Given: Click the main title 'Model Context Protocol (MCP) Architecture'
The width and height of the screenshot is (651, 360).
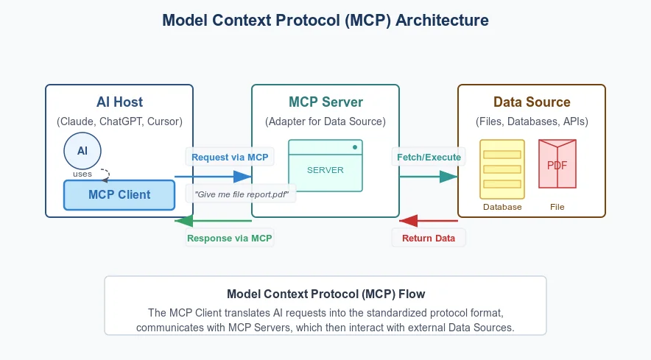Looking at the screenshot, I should [325, 21].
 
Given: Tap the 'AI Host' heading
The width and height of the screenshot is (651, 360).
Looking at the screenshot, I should [119, 102].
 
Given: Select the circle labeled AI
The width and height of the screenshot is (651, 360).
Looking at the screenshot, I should [82, 150].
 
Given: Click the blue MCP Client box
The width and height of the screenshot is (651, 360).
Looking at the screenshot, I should [119, 195].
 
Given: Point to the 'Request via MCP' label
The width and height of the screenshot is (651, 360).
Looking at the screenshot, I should [229, 157].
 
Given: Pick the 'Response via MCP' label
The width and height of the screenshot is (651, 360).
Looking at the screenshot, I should [230, 238].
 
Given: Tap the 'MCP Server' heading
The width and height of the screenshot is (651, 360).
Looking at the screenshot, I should [325, 102].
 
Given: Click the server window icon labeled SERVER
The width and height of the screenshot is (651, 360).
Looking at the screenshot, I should [325, 166].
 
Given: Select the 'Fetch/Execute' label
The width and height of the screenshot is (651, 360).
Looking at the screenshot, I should [429, 157].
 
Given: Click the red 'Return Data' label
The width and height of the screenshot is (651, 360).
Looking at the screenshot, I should [428, 238].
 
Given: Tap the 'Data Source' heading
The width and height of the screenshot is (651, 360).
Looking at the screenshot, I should [532, 102].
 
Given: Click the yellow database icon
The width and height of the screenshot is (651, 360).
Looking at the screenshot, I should [502, 169].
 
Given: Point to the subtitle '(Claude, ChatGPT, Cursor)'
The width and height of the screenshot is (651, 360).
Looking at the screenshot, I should [119, 121].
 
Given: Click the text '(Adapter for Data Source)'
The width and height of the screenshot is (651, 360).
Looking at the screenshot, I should [325, 121].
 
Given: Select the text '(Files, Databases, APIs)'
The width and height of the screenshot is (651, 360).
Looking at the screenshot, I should [532, 121].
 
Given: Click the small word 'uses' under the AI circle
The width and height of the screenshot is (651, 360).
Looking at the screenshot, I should [82, 174].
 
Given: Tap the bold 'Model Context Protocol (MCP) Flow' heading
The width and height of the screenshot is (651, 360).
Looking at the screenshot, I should [325, 293].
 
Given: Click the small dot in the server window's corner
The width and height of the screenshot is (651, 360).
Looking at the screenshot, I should [355, 148].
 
